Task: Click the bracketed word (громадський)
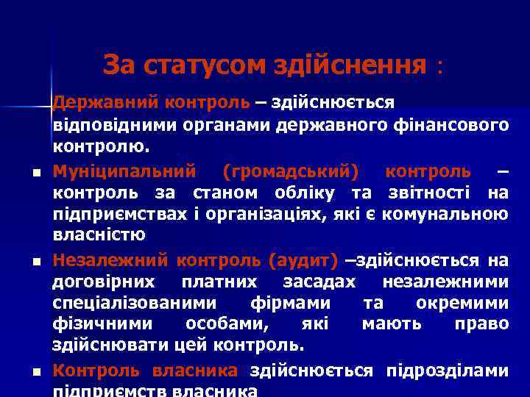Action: click(291, 171)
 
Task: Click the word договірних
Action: click(102, 282)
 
